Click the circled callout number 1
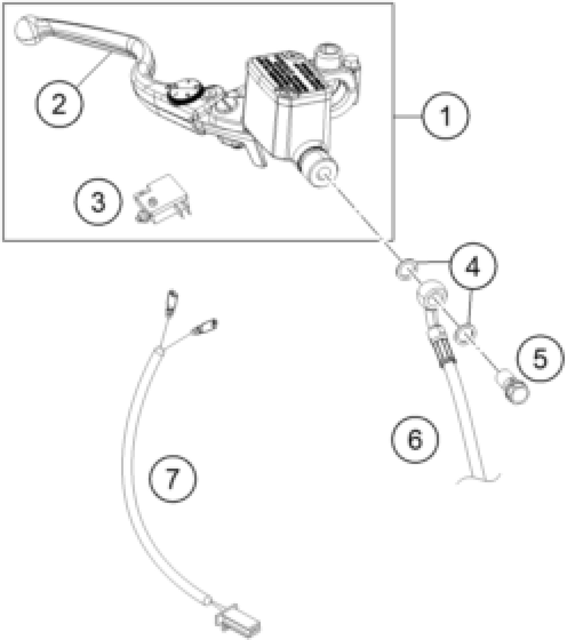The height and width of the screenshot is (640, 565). tap(446, 116)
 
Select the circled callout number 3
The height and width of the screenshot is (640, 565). tap(98, 202)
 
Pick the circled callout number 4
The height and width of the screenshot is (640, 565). tap(473, 266)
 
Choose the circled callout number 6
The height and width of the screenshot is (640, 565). tap(415, 439)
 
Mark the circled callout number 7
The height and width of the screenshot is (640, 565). tap(172, 479)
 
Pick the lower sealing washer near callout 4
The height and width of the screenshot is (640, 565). tap(467, 335)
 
